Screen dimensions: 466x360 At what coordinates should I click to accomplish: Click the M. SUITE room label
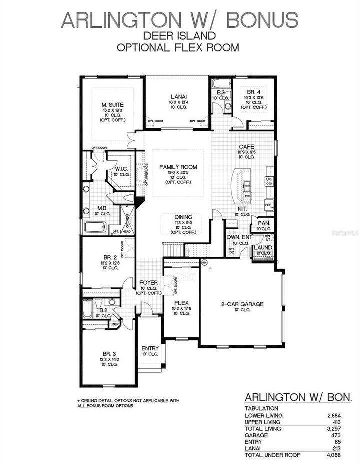113,104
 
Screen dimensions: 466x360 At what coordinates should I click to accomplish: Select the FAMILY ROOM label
178,167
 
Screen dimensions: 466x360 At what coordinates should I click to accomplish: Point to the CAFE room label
246,146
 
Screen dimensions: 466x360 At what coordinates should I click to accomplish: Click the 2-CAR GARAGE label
242,304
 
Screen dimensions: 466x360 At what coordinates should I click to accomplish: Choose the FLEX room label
181,303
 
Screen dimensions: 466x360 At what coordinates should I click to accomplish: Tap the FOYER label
149,282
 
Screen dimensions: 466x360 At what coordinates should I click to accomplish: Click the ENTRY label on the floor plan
150,348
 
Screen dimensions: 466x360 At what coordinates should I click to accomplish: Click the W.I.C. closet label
121,168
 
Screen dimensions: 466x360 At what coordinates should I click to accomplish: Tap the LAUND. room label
263,247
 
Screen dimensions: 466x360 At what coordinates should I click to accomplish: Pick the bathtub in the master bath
95,227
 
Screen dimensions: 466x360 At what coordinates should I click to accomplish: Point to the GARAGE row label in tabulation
255,435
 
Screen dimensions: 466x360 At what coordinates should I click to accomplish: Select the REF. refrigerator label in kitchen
268,204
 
